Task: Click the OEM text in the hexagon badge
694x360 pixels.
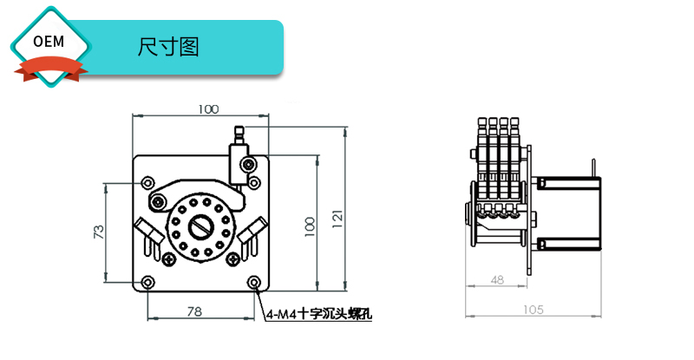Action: pyautogui.click(x=49, y=42)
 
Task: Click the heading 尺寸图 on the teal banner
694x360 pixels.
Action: pyautogui.click(x=168, y=47)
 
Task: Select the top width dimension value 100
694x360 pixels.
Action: pyautogui.click(x=208, y=109)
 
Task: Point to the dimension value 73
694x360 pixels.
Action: pyautogui.click(x=99, y=232)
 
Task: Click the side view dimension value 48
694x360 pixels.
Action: pyautogui.click(x=497, y=279)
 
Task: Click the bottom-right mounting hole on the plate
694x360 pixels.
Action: pyautogui.click(x=253, y=283)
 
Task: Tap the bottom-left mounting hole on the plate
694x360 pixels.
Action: pyautogui.click(x=149, y=283)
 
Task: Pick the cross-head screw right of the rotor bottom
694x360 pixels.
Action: pyautogui.click(x=232, y=259)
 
